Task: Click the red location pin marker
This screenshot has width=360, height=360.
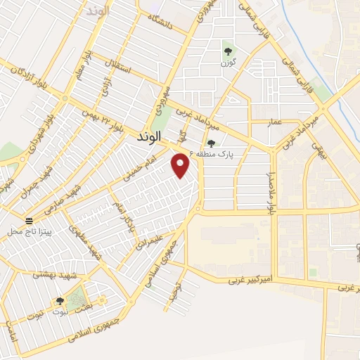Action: [x=181, y=166]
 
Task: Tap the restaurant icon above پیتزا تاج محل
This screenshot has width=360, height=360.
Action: [x=28, y=219]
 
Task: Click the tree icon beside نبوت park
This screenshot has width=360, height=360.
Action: [x=59, y=301]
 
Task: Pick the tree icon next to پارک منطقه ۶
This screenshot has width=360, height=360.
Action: [x=211, y=143]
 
